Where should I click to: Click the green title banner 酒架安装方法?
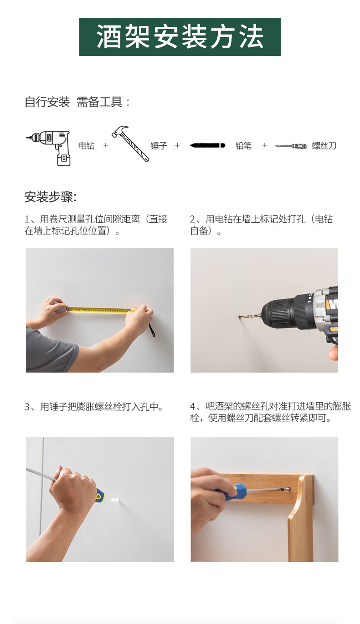pos(180,37)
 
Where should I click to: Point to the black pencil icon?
pos(207,145)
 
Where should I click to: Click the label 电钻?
pos(87,146)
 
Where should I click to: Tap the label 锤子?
pos(159,146)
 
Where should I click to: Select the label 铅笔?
pos(243,146)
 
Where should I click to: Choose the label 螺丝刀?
pos(324,146)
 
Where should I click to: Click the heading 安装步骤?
pos(51,197)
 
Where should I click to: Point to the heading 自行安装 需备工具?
pos(77,102)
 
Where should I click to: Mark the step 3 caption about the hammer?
pos(94,406)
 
